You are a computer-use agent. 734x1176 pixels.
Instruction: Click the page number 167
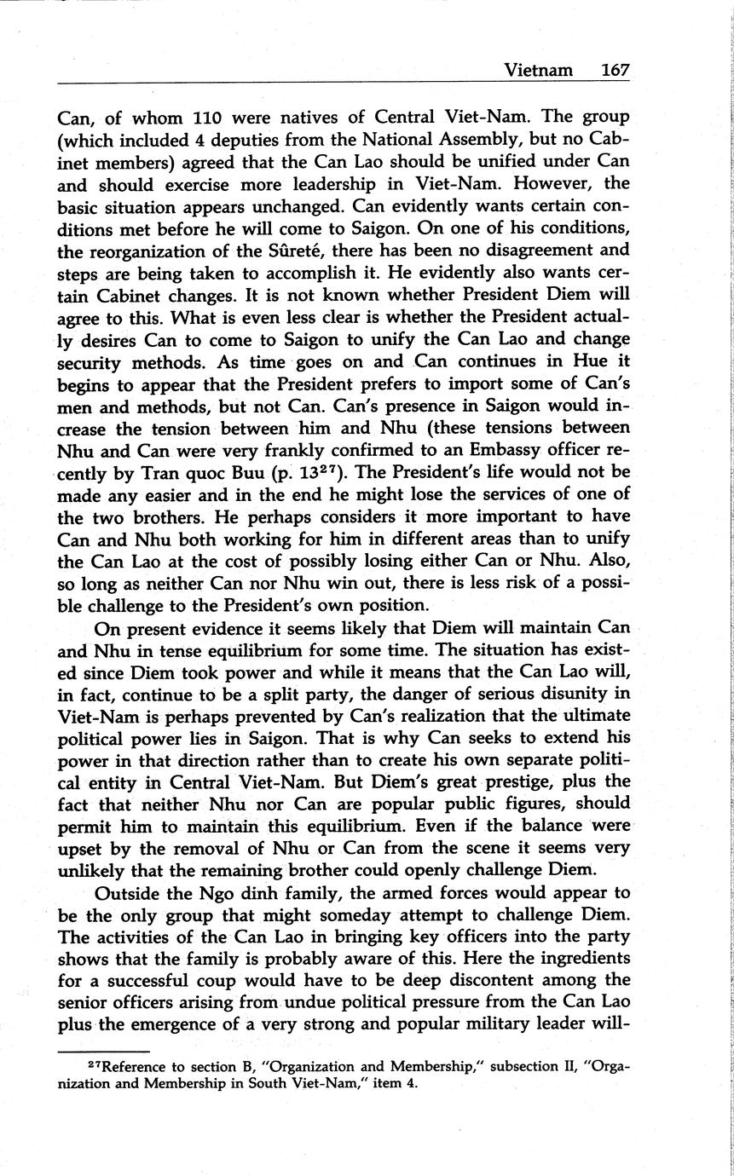[x=614, y=70]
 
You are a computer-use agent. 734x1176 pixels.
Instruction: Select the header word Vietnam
[x=538, y=70]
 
